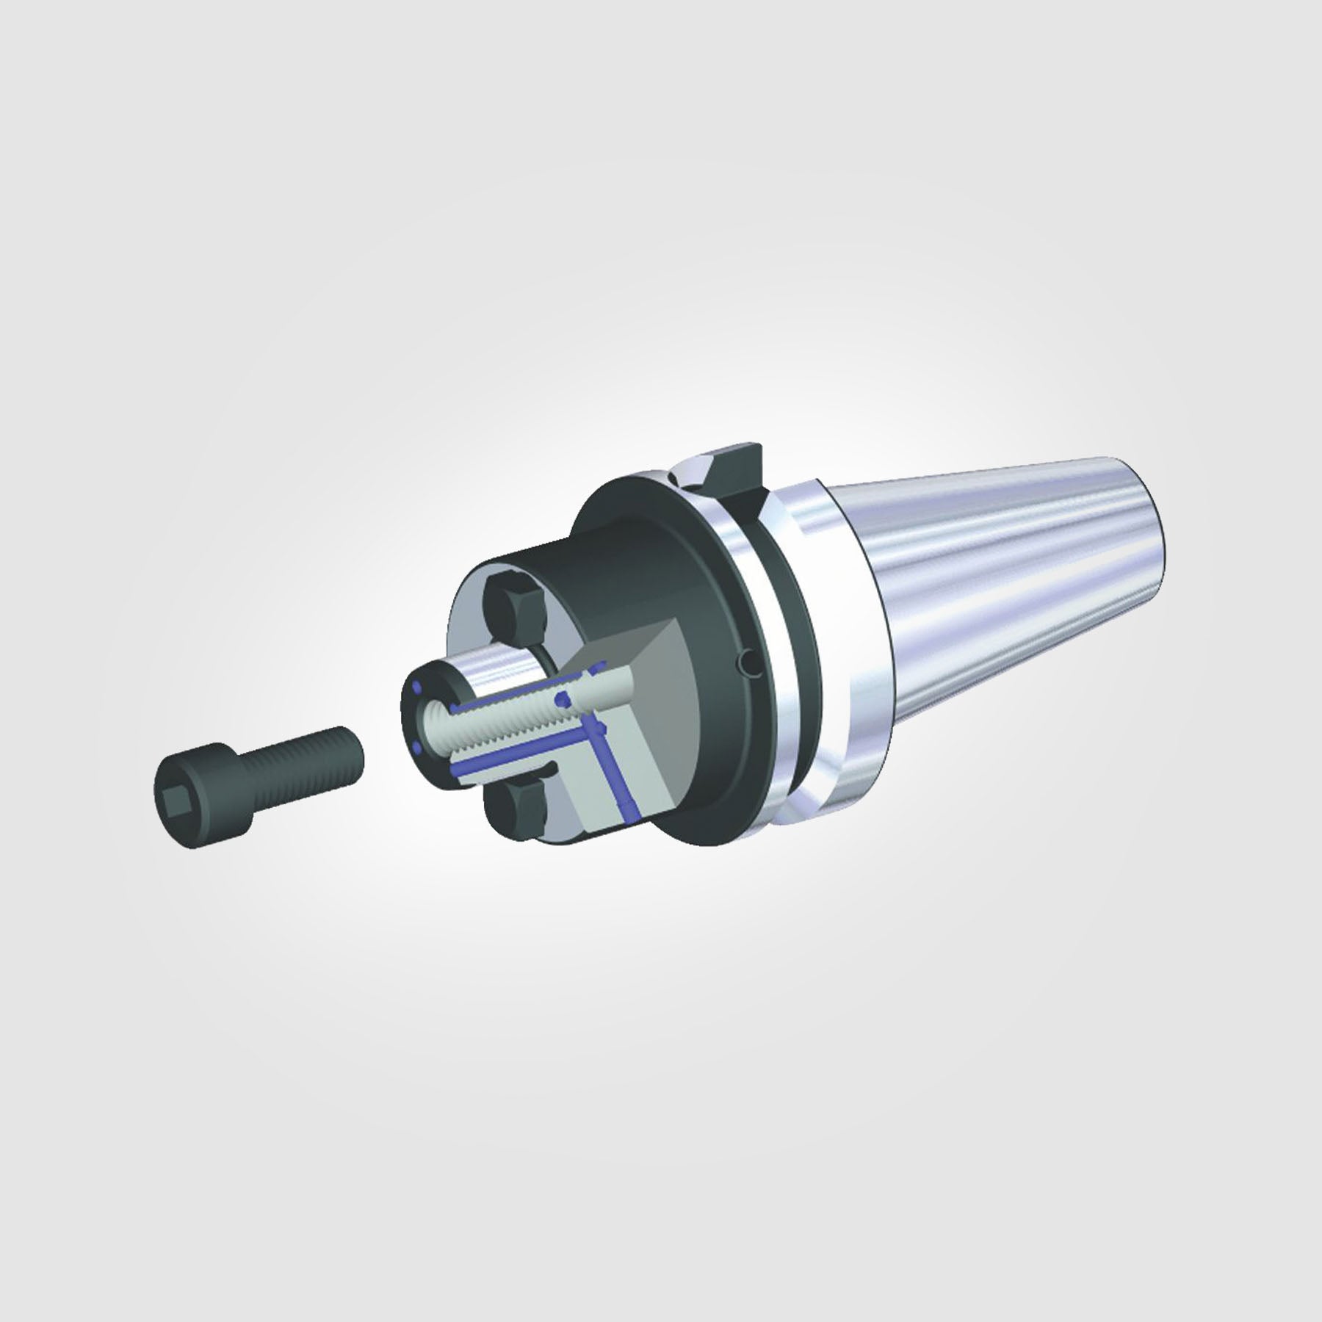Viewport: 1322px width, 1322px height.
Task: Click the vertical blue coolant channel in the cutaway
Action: click(x=613, y=771)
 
